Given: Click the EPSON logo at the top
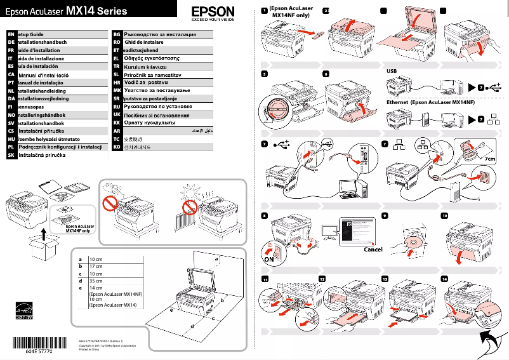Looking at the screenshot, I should point(213,11).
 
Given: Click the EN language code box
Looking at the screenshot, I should point(11,32).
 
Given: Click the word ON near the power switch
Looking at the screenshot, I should point(269,259).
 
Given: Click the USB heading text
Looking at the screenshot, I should point(392,71).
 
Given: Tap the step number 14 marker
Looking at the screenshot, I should point(444,279).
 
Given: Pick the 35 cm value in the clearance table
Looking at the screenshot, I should point(96,280).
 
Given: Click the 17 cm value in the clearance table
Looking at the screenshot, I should point(96,267).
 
